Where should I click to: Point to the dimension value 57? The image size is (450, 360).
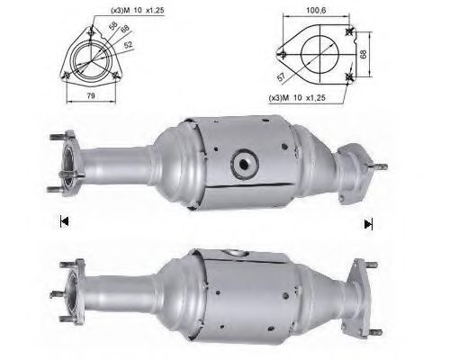pos(286,77)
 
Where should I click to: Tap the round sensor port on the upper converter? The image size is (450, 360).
pos(245,163)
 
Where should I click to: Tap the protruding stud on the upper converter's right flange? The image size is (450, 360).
pos(384,167)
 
